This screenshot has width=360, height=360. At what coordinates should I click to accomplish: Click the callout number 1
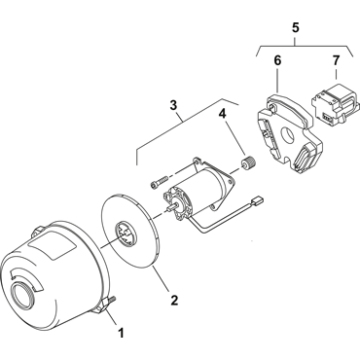pyautogui.click(x=121, y=333)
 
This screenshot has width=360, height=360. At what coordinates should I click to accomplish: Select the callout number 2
pyautogui.click(x=174, y=300)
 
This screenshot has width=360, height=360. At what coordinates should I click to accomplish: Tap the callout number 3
pyautogui.click(x=174, y=105)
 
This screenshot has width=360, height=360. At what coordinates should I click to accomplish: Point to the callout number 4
pyautogui.click(x=222, y=113)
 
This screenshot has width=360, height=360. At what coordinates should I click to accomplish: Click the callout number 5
pyautogui.click(x=296, y=27)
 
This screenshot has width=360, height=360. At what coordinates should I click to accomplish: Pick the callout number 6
pyautogui.click(x=277, y=60)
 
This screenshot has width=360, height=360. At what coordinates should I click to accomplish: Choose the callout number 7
pyautogui.click(x=336, y=60)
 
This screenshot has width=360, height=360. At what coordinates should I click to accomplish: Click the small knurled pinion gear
pyautogui.click(x=249, y=162)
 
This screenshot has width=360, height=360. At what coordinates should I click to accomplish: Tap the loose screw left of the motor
pyautogui.click(x=159, y=182)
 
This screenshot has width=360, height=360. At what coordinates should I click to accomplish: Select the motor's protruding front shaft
pyautogui.click(x=172, y=206)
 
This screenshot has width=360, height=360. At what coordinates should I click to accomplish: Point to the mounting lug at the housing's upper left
pyautogui.click(x=38, y=231)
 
